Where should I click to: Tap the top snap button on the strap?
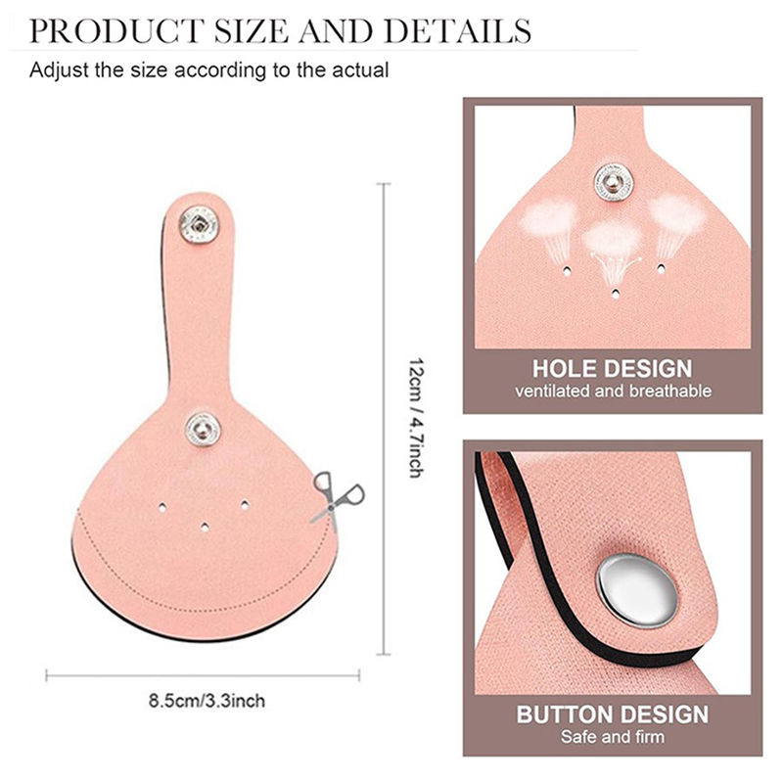pos(200,225)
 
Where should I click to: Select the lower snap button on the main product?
pos(204,429)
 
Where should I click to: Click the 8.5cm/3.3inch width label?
pos(207,701)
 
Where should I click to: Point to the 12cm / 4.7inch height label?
pos(416,418)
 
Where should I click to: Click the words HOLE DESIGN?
pos(613,369)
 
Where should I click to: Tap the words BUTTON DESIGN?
pos(613,714)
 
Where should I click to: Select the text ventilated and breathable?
pos(613,391)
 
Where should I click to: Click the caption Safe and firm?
pos(613,737)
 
